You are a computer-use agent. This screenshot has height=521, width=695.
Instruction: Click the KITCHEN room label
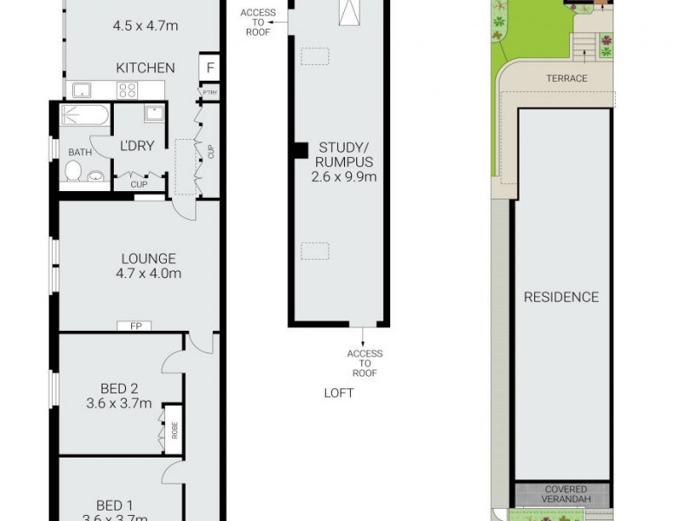click(146, 68)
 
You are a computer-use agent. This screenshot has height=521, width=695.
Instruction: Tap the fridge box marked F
click(210, 68)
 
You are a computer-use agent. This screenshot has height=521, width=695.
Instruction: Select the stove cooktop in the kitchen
click(128, 89)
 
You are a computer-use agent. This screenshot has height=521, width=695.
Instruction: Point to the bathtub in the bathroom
click(85, 115)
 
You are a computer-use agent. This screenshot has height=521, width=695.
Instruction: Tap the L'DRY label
click(137, 146)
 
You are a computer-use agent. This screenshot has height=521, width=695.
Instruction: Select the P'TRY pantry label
click(208, 92)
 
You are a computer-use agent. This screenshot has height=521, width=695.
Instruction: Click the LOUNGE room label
click(148, 258)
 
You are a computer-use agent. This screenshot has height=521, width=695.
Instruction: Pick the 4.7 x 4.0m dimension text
click(148, 274)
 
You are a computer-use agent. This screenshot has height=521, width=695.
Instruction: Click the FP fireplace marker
click(136, 326)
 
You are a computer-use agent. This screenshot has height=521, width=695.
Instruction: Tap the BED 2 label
click(119, 388)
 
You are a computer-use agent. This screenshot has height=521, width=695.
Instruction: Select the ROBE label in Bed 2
click(174, 430)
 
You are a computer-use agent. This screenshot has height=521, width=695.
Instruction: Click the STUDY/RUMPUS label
click(346, 154)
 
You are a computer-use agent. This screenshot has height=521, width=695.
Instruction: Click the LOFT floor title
click(339, 392)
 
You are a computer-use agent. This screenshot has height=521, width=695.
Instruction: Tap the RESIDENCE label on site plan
click(560, 297)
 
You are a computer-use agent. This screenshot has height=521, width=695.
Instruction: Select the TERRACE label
click(566, 78)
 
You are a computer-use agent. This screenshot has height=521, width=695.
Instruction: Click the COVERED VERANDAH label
click(566, 495)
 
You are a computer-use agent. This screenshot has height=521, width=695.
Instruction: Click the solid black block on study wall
click(299, 149)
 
